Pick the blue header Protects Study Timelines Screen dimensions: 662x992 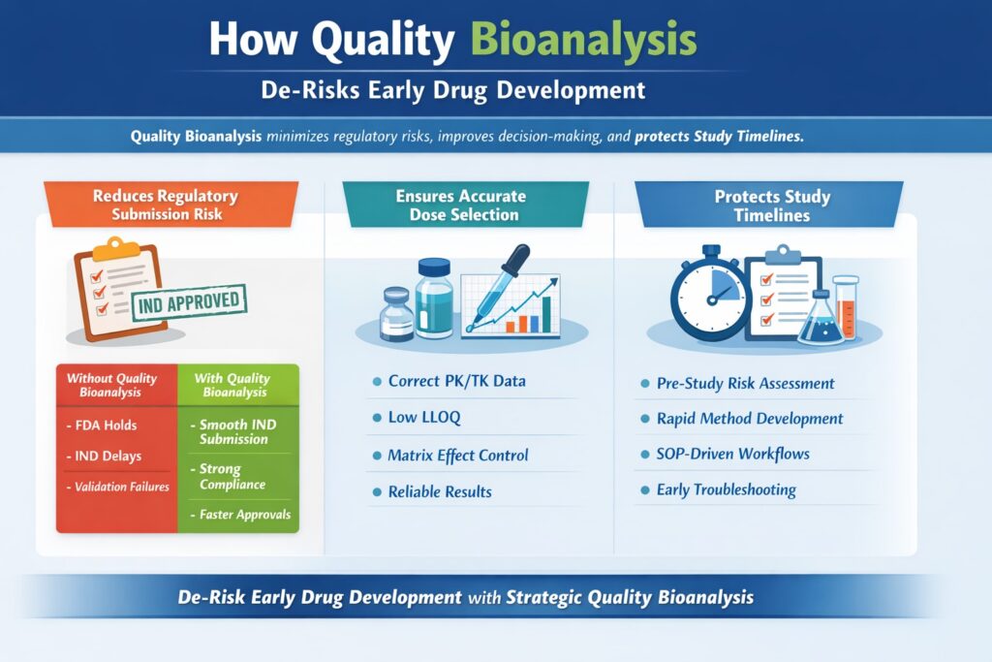coord(772,205)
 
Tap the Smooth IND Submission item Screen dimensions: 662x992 coord(234,432)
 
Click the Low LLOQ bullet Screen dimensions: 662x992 coord(424,418)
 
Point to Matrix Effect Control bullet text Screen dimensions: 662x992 coord(458,456)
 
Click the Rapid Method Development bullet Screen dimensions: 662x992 coord(749,419)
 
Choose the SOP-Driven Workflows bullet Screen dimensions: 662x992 coord(732,454)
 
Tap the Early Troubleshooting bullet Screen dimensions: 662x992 coord(726,489)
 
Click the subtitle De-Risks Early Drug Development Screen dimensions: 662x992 coord(453,91)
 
